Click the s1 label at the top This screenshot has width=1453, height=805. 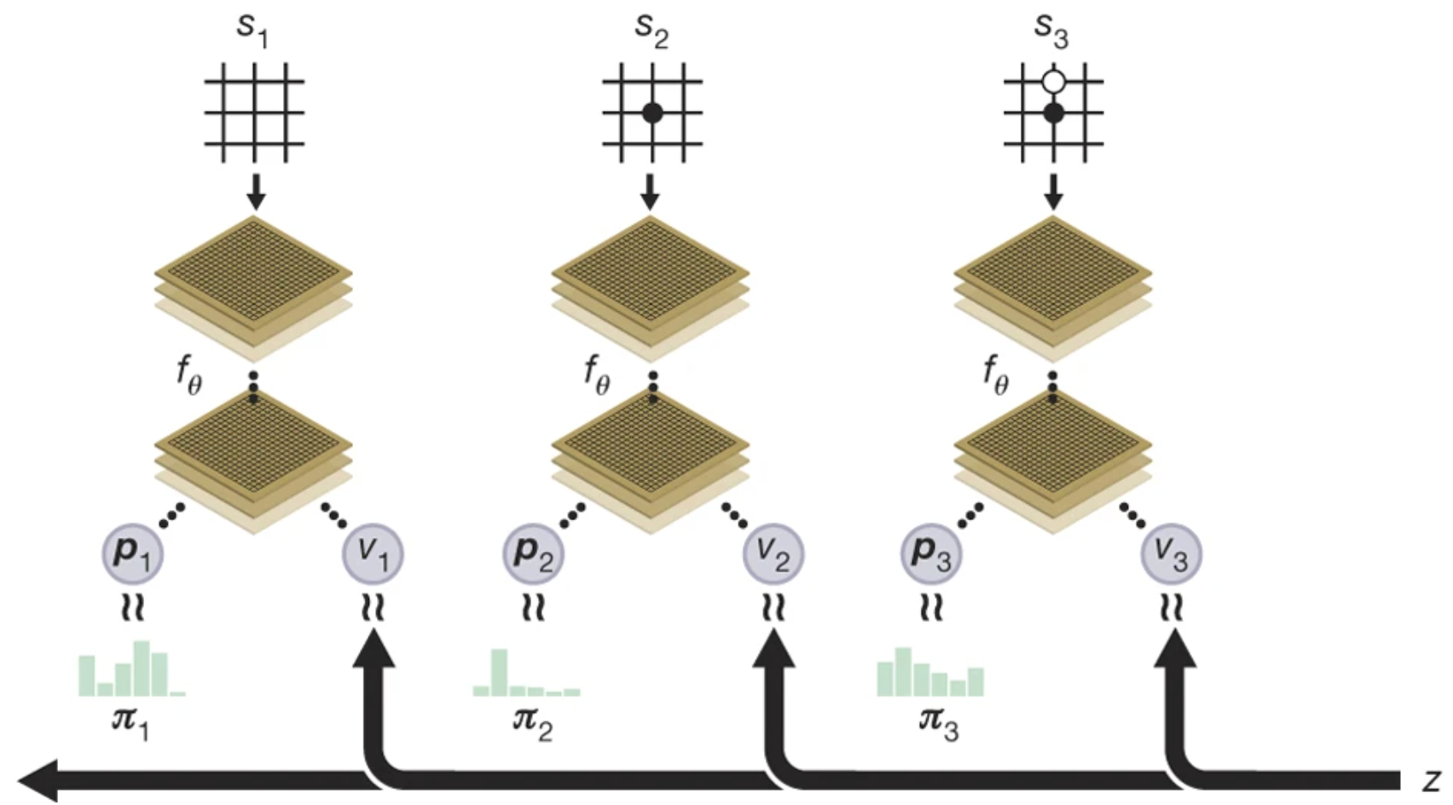pos(252,29)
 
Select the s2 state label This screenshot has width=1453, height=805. pos(651,29)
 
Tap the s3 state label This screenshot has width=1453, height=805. pos(1051,29)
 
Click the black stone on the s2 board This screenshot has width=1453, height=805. pos(652,113)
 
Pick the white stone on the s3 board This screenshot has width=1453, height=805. pos(1054,82)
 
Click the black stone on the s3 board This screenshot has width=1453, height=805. pos(1054,113)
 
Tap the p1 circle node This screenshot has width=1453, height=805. pos(132,553)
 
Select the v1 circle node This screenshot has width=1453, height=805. pos(373,553)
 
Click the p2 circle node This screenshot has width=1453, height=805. pos(533,553)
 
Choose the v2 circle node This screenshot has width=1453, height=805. pos(773,553)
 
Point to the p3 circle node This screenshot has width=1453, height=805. pos(931,553)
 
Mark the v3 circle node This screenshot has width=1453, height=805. pos(1172,553)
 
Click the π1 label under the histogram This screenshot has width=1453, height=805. pos(130,723)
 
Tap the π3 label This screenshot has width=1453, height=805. pos(938,723)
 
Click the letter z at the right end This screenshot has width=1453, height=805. pos(1431,780)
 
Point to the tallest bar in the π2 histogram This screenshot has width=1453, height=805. pos(500,671)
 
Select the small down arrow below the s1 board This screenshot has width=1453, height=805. pos(255,193)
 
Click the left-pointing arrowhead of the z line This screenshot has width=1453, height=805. pos(38,779)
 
